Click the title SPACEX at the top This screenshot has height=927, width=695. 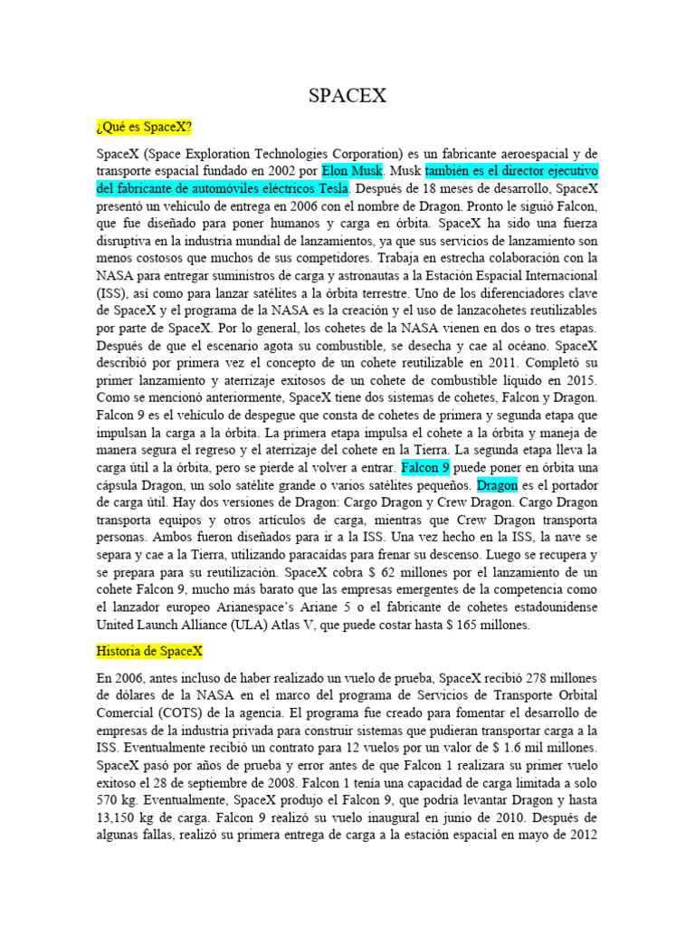point(347,94)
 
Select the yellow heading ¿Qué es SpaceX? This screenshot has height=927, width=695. point(143,126)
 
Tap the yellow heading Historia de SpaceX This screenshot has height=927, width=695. point(149,650)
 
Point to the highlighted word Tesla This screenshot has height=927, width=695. point(329,188)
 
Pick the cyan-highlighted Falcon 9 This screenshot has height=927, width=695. point(424,467)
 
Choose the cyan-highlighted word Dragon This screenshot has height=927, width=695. point(497,485)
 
